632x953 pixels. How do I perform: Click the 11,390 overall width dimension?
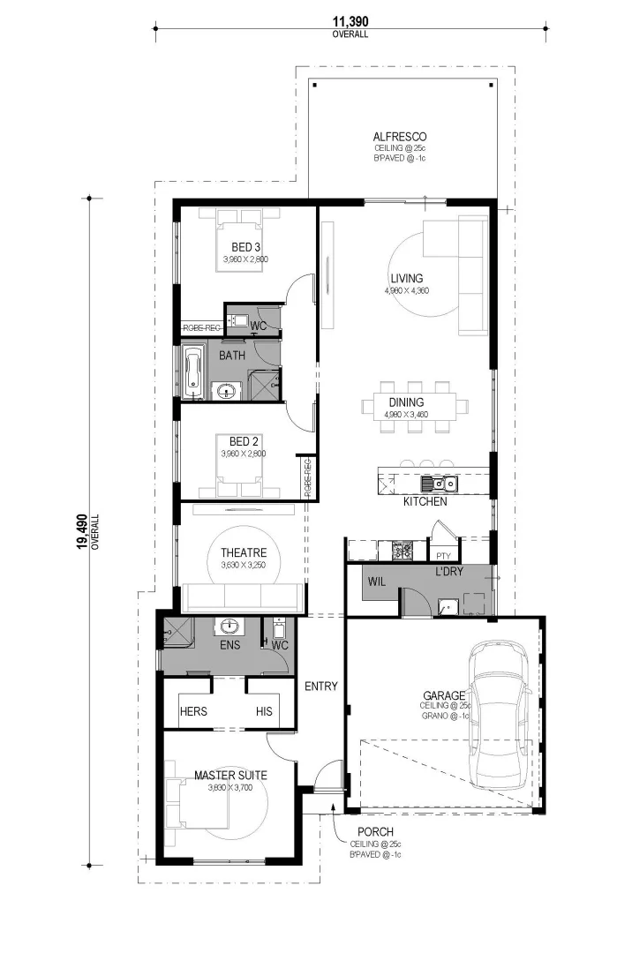[350, 21]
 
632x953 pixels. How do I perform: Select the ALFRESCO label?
[399, 137]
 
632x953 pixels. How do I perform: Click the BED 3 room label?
[245, 246]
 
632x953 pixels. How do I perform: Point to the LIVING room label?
[407, 278]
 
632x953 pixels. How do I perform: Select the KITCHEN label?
[425, 501]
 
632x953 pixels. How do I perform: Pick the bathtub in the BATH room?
[193, 371]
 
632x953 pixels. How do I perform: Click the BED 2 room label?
[243, 440]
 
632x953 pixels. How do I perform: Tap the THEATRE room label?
[243, 552]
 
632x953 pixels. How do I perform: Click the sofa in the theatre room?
[240, 598]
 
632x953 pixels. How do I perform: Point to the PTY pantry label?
[442, 555]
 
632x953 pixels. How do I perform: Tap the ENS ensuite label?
[229, 646]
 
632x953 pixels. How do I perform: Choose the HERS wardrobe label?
[192, 710]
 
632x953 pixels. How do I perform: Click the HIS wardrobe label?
[264, 710]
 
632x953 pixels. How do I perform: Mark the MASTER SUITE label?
[230, 776]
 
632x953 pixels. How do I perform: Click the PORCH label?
[375, 831]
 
